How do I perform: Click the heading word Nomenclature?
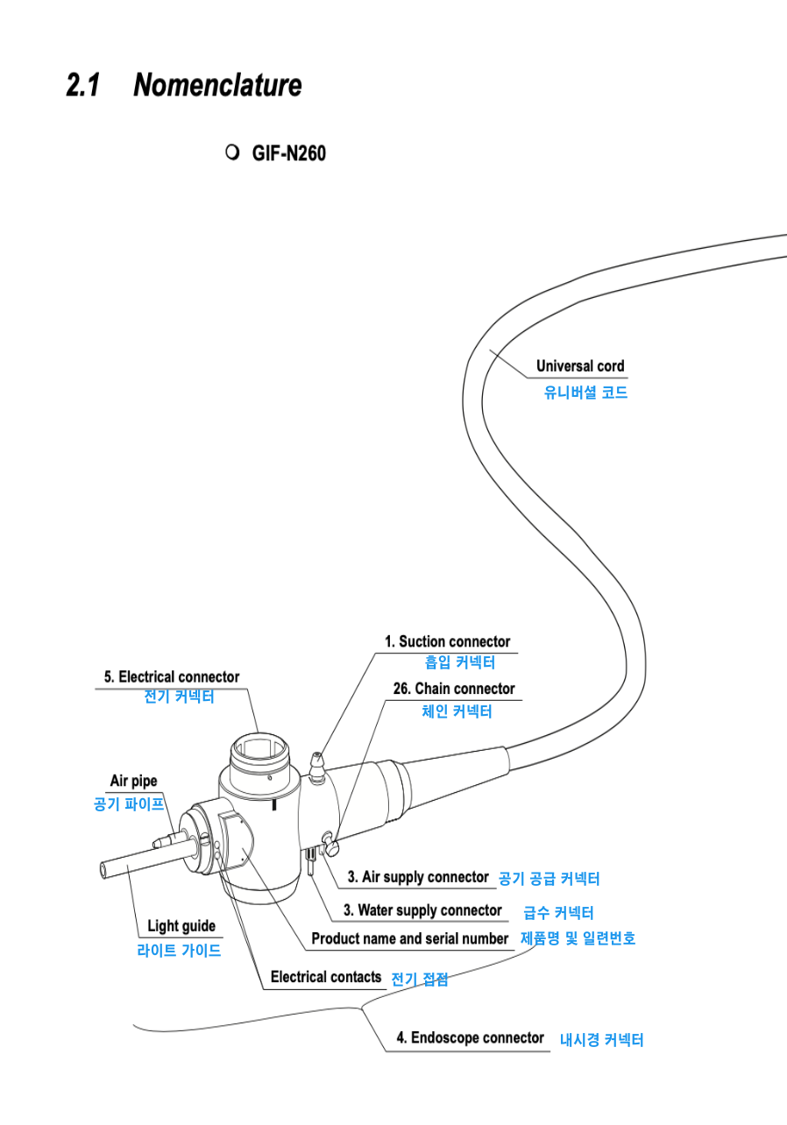[x=217, y=84]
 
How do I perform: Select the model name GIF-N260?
[x=289, y=153]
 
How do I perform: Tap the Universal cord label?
[x=580, y=366]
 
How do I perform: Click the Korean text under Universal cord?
[x=585, y=393]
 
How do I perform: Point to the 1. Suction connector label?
[x=448, y=641]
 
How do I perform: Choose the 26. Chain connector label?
[x=454, y=688]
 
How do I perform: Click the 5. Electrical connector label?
[x=172, y=677]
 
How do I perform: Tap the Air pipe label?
[x=133, y=781]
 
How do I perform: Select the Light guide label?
[x=181, y=925]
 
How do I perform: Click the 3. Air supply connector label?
[x=418, y=877]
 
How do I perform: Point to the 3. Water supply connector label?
[x=423, y=910]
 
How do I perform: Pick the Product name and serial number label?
[x=410, y=938]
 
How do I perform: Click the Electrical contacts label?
[x=326, y=977]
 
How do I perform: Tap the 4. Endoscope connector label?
[x=470, y=1037]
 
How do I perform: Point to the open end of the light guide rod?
[x=103, y=870]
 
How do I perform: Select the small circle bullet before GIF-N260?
[x=232, y=152]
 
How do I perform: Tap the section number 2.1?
[x=83, y=84]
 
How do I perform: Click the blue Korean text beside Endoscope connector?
[x=602, y=1040]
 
